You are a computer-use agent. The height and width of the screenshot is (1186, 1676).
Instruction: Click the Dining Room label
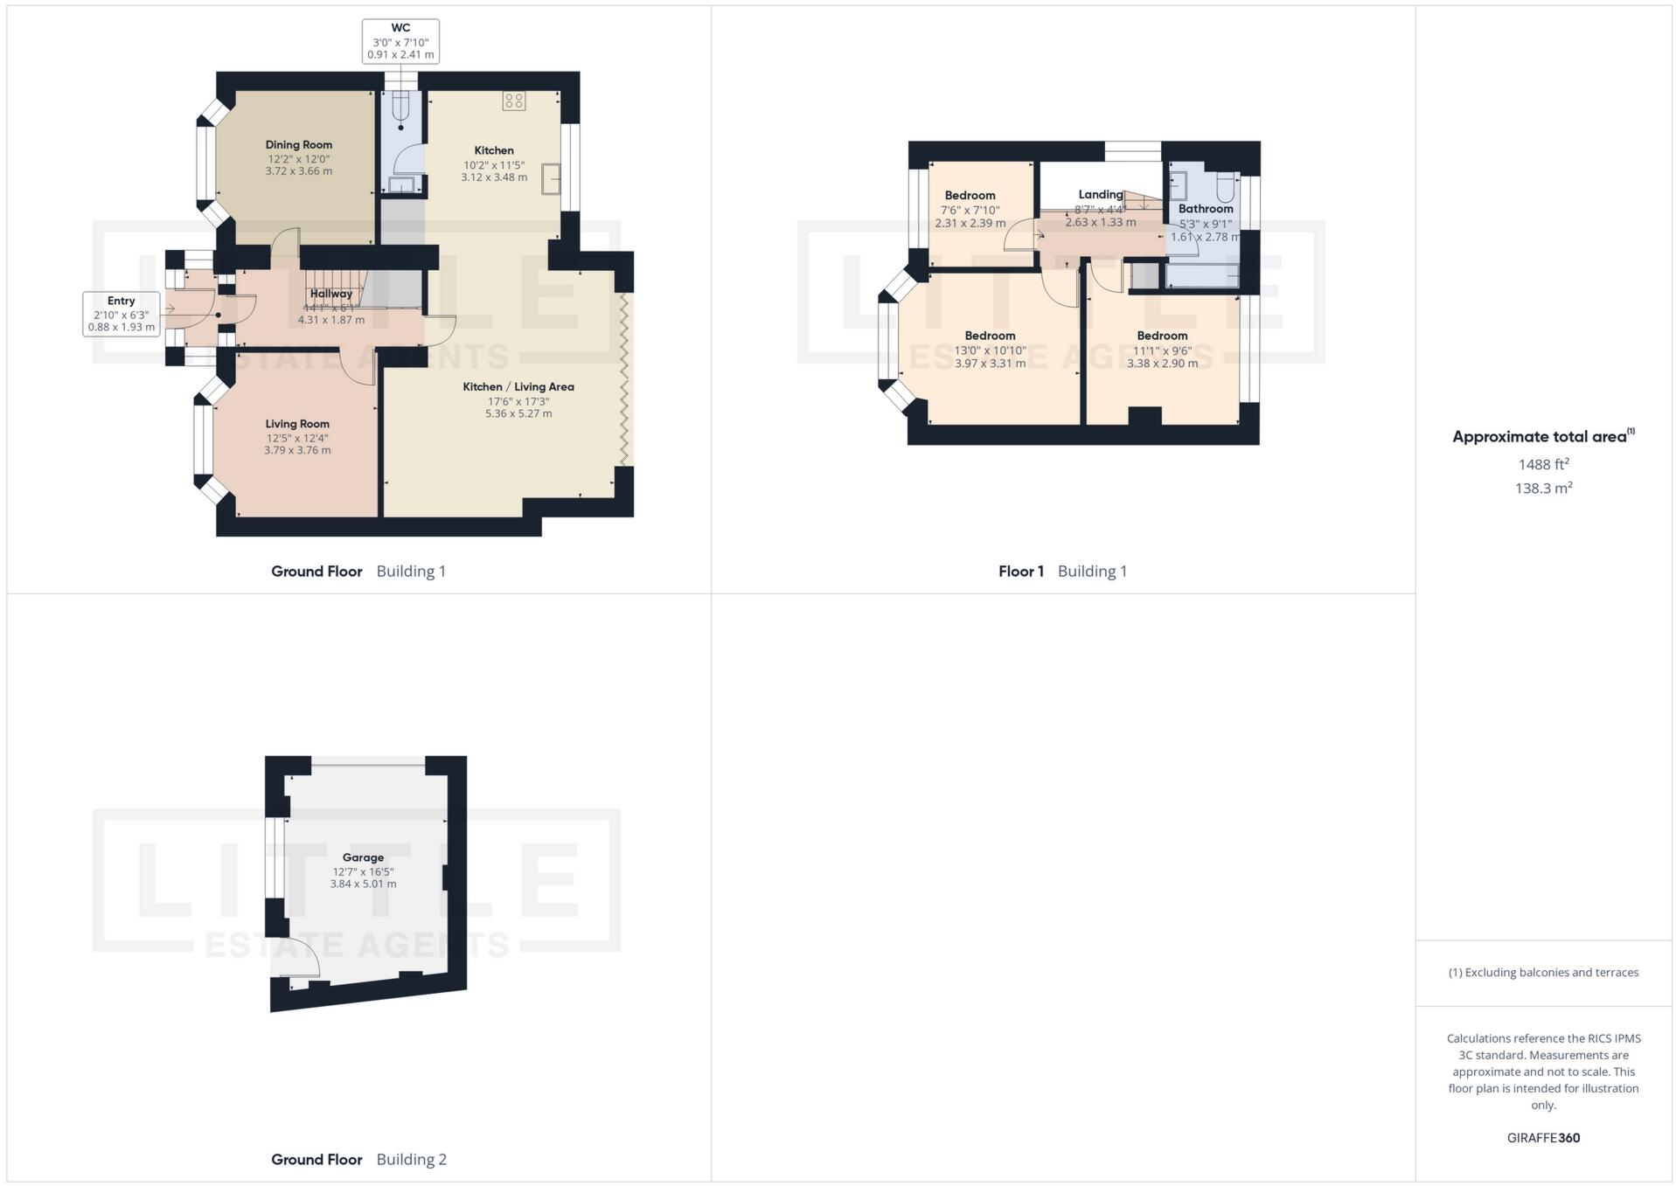[298, 145]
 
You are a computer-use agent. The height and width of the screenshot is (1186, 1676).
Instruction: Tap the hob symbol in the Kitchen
[514, 101]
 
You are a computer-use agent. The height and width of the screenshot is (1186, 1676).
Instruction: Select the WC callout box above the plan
[400, 41]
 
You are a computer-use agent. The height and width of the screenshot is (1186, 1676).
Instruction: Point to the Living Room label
[297, 424]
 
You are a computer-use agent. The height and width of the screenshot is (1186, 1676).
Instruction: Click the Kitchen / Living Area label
[518, 386]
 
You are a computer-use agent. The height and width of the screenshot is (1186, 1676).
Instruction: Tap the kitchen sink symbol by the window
[551, 178]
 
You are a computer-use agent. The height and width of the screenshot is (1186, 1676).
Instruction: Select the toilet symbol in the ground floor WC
[401, 108]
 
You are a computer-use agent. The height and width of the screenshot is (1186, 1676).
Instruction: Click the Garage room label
[363, 857]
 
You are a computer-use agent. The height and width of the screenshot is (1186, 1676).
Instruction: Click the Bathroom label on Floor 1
[1206, 209]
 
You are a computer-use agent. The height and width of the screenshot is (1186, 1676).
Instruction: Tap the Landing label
[1100, 195]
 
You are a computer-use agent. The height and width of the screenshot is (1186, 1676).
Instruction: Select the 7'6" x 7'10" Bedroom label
[970, 196]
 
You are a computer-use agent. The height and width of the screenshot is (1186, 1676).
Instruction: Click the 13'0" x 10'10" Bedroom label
[990, 336]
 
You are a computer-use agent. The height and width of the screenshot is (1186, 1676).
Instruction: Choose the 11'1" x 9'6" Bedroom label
[1162, 336]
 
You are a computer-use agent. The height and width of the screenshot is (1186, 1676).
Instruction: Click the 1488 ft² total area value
[1543, 464]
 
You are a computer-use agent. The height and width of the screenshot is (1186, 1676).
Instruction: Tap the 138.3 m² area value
[1543, 489]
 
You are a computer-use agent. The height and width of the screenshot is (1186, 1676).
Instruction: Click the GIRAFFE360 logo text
[1543, 1138]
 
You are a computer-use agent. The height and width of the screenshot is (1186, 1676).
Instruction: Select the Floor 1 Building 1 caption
[1062, 572]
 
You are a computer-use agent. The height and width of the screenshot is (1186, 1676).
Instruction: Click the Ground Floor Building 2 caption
[358, 1160]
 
